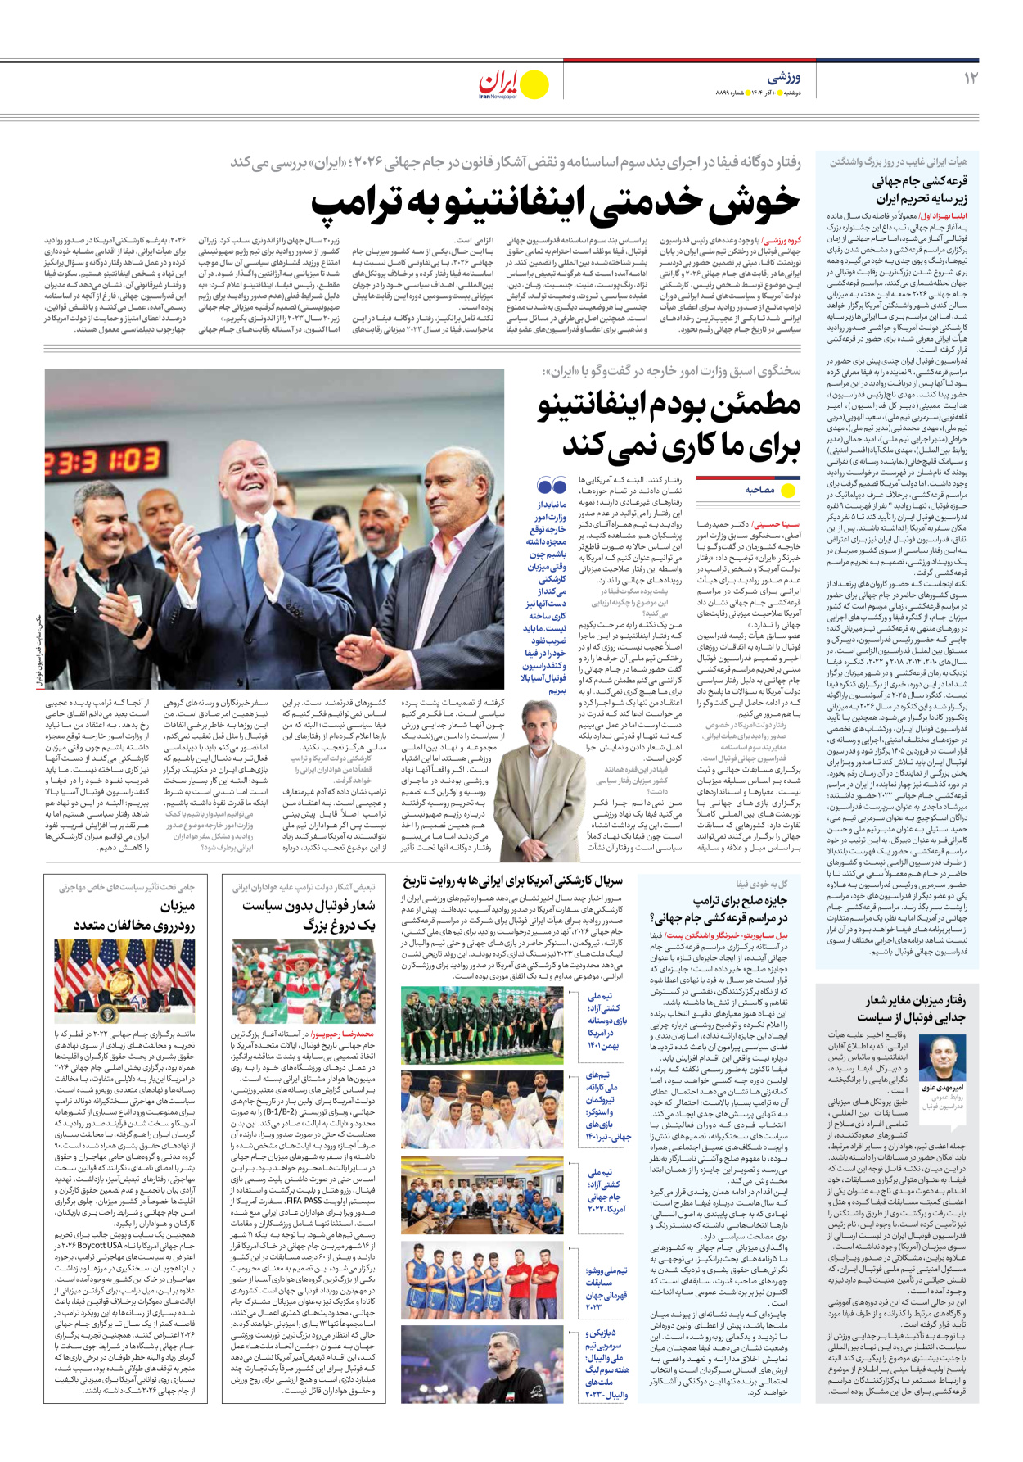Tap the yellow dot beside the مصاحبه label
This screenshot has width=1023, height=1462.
(x=788, y=490)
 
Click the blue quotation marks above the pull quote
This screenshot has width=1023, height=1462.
(x=552, y=486)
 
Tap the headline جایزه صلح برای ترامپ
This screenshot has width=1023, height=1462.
(x=740, y=901)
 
